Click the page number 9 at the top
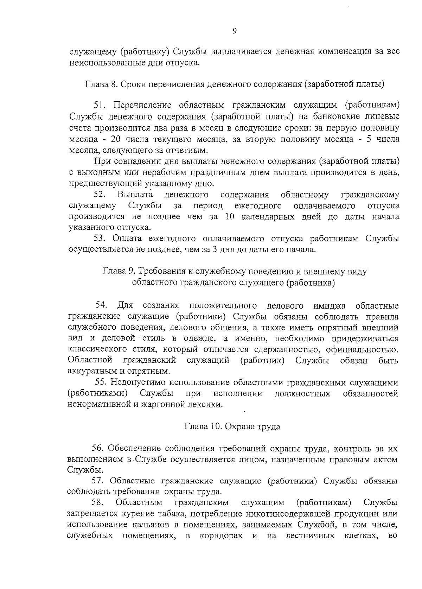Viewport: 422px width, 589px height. [235, 31]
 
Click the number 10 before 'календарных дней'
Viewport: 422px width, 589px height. [229, 217]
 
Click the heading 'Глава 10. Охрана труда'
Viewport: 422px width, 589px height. [232, 427]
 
